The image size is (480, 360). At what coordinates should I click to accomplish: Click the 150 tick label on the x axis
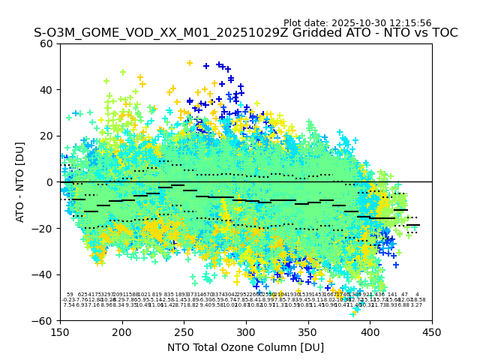60,331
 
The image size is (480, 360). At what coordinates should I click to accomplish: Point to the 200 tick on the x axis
122,331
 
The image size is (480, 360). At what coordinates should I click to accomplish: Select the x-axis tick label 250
184,331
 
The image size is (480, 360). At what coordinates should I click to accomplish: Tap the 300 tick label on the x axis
246,331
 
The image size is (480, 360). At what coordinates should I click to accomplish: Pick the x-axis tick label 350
308,331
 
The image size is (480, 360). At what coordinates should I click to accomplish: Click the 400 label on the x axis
370,331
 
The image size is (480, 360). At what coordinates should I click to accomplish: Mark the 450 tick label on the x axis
432,331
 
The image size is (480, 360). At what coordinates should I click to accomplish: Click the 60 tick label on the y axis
46,43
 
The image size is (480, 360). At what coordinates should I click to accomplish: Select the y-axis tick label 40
46,90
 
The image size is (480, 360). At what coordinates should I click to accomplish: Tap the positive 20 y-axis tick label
46,136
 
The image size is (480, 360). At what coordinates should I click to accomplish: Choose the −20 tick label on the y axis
43,228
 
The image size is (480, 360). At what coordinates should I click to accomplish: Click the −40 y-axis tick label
43,274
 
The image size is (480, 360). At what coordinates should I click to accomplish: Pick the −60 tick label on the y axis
43,320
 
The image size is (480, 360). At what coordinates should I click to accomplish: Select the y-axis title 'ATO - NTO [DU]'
20,182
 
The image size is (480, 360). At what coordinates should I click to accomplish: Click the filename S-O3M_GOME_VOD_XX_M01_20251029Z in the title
136,33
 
